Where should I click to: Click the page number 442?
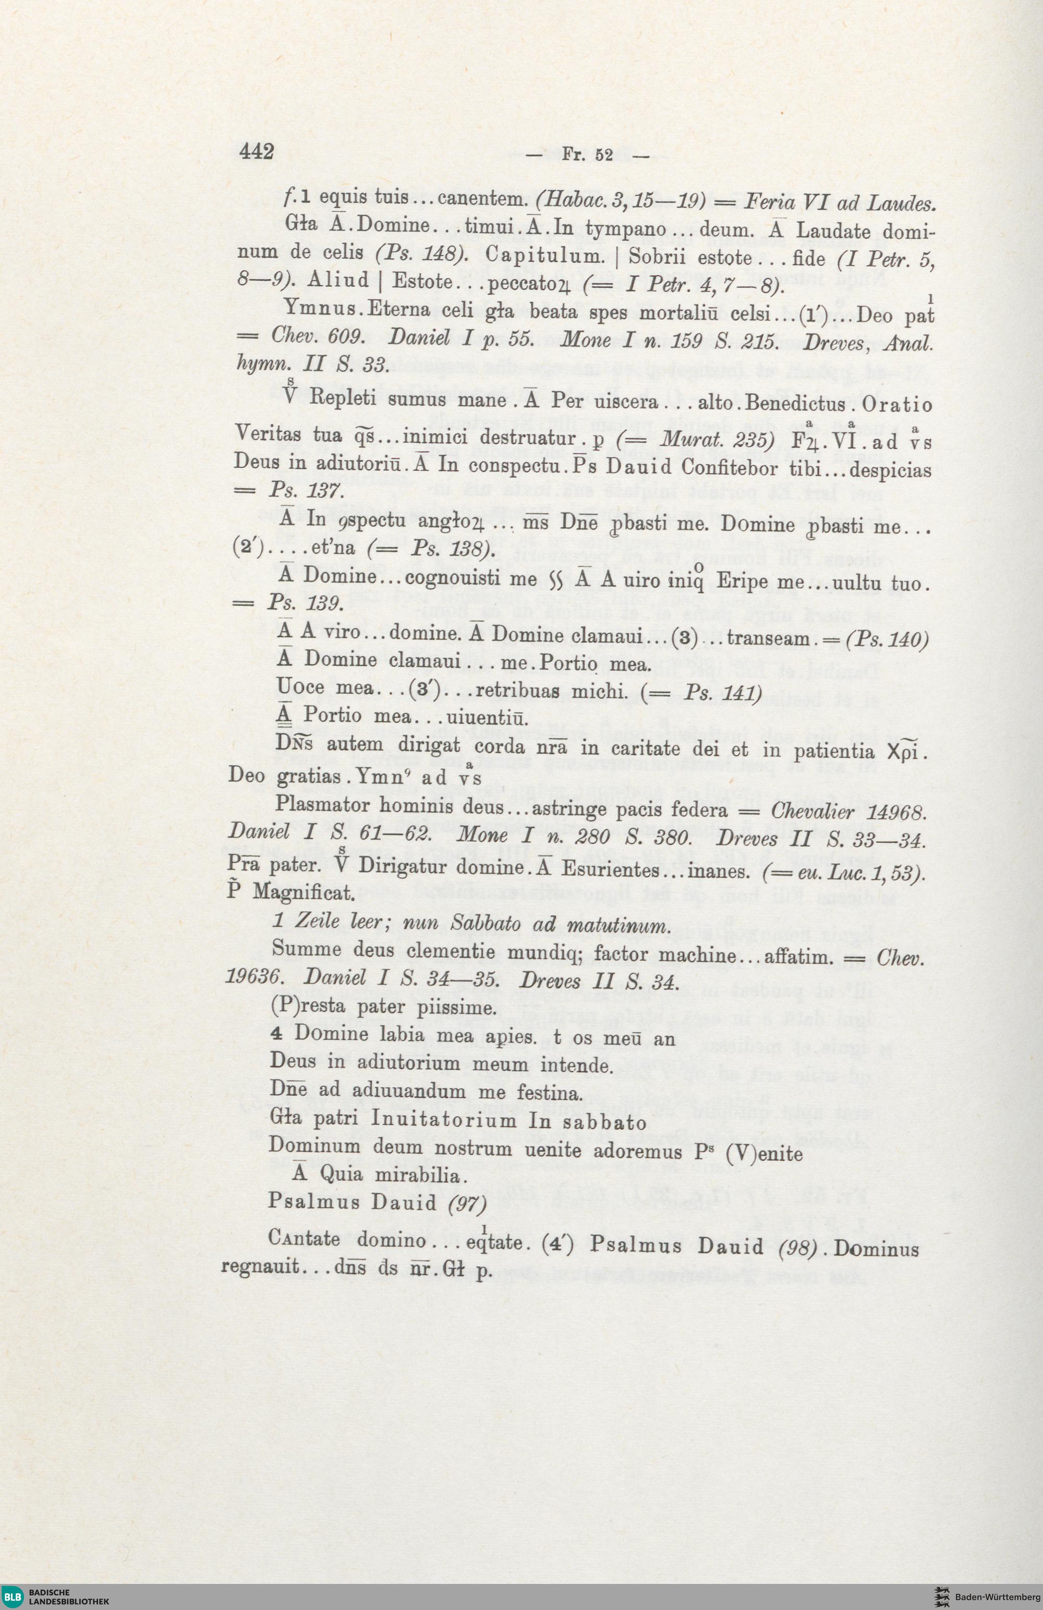(257, 152)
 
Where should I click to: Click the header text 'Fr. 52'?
(587, 155)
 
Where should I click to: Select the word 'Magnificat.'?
(304, 893)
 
